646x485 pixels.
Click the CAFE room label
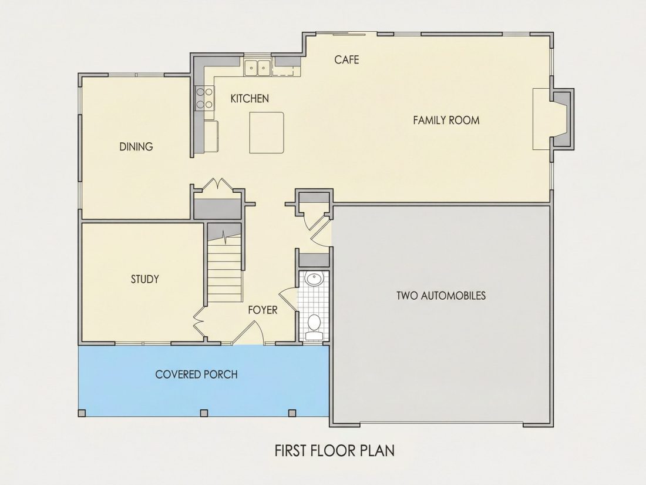346,60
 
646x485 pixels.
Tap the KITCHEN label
250,99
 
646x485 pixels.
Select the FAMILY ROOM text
446,121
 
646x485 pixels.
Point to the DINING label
136,146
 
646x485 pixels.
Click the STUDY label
144,279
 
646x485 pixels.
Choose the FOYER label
263,310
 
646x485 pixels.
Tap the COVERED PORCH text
197,374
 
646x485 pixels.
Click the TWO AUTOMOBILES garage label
441,295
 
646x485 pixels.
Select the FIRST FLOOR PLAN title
335,450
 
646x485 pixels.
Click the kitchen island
267,132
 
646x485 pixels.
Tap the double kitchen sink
257,68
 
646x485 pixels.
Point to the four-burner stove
205,98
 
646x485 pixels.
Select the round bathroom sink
314,280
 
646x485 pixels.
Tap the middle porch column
204,413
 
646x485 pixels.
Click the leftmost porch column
82,413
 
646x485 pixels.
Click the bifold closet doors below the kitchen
217,184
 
